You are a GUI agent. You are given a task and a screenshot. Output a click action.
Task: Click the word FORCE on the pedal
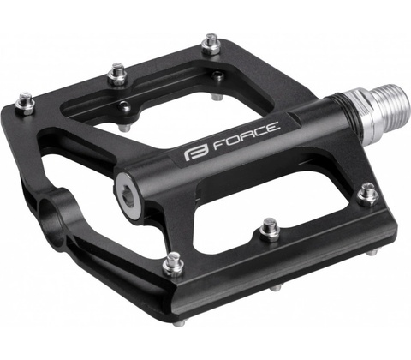247,135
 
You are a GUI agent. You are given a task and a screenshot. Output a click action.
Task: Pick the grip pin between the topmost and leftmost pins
117,74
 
